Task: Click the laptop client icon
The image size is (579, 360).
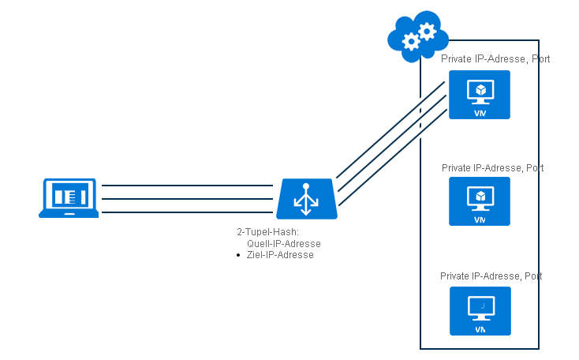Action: (69, 197)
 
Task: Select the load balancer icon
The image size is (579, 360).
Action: (307, 199)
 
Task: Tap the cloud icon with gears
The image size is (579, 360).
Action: (418, 33)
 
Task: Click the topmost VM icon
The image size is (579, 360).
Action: (479, 95)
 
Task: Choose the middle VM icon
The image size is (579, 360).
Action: (479, 201)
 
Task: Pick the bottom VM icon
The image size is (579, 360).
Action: (479, 310)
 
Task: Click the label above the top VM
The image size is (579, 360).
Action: (495, 59)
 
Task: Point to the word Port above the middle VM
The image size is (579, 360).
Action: (533, 168)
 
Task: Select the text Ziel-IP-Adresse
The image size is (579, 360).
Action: (280, 255)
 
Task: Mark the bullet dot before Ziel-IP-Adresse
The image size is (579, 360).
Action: (238, 256)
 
